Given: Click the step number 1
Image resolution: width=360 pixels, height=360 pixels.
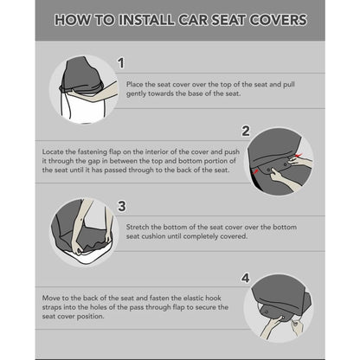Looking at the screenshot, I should [x=120, y=62].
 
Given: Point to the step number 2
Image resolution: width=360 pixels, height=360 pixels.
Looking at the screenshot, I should [x=246, y=132].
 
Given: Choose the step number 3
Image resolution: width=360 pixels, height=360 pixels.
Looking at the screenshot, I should [x=121, y=206].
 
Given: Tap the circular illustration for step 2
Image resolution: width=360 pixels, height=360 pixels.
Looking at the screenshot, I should [x=278, y=159].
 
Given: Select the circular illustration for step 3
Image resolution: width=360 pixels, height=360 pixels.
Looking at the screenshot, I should [x=83, y=230].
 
